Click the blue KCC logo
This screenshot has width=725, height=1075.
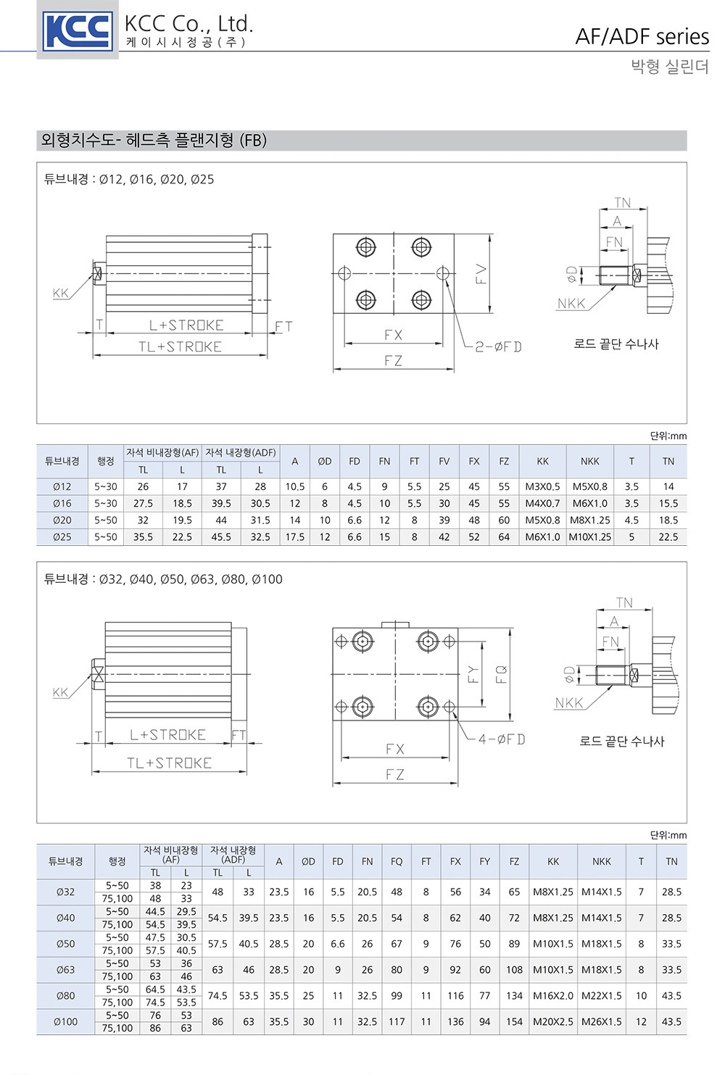(x=78, y=30)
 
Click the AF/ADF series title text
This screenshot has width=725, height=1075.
(x=642, y=37)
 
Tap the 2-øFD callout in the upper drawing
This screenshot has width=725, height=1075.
(x=498, y=346)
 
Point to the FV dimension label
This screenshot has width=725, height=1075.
(x=481, y=275)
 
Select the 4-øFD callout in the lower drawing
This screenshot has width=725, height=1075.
(x=501, y=739)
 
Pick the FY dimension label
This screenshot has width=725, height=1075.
(x=473, y=675)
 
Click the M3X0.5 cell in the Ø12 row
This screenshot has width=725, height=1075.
(x=542, y=486)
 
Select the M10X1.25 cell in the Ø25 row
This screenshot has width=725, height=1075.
(x=589, y=537)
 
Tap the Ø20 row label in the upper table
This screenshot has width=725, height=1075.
(x=62, y=520)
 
